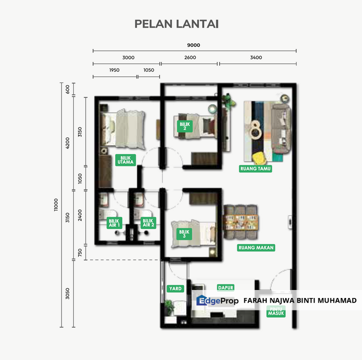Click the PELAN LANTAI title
click(176, 24)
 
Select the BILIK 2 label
click(184, 125)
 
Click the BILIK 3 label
click(184, 233)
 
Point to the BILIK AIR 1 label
click(114, 223)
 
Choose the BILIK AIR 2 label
click(148, 223)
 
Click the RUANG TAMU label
click(255, 169)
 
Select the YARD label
click(175, 289)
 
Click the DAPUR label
click(226, 287)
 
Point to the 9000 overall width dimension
click(194, 45)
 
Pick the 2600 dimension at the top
click(190, 58)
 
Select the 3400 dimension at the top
click(256, 58)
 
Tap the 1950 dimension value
click(114, 70)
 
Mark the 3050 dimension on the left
click(68, 293)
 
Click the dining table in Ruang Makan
click(241, 218)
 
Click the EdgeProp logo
click(217, 300)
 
